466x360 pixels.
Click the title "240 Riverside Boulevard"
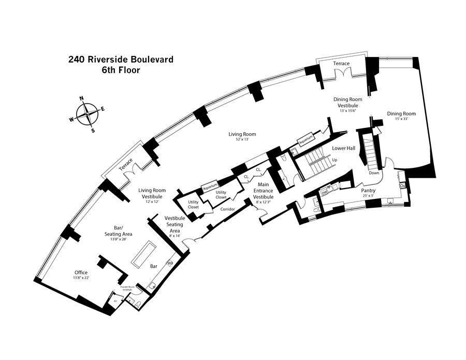tap(121, 60)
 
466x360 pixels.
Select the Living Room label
tap(242, 135)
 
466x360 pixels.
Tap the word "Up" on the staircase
tap(335, 160)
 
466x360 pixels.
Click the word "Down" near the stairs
tap(374, 173)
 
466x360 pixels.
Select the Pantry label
tap(368, 190)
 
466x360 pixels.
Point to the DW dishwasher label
tap(325, 192)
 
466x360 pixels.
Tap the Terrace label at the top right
tap(341, 64)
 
